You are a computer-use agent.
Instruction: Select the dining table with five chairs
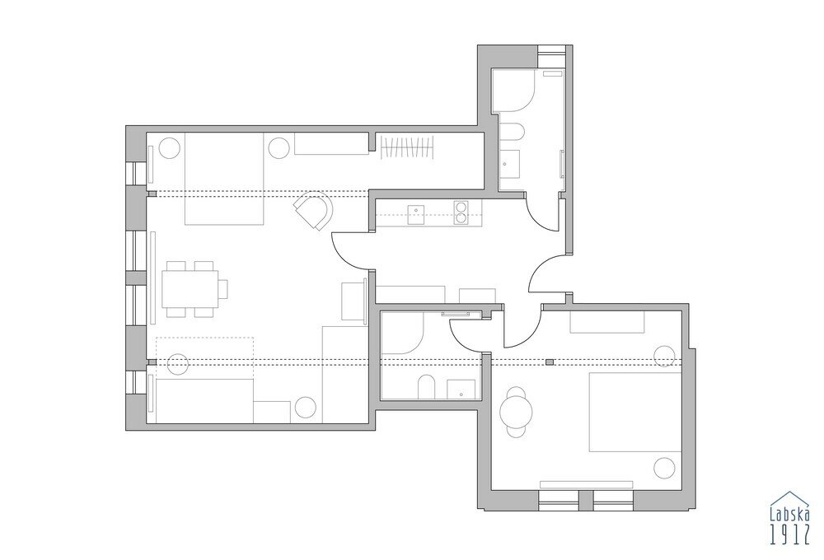coord(191,289)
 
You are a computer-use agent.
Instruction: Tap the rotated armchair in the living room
coord(316,209)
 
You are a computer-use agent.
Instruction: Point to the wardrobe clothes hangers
coord(407,147)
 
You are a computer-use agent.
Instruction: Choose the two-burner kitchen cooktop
coord(463,212)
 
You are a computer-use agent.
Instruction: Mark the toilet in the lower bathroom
coord(427,387)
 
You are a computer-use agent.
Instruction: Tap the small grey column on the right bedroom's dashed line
coord(548,362)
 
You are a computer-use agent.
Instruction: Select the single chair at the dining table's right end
coord(222,289)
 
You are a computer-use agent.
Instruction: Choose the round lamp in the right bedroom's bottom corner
coord(663,467)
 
